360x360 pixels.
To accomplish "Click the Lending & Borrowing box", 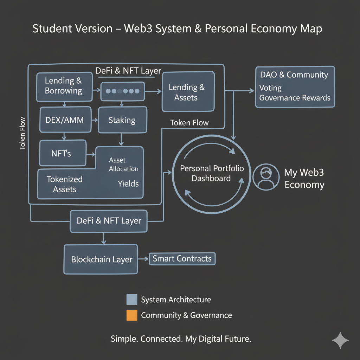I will tap(64, 86).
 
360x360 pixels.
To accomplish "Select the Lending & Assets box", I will tap(188, 92).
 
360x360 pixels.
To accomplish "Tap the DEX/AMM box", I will tap(65, 120).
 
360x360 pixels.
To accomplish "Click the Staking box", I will tap(122, 120).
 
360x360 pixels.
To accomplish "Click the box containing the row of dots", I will tap(122, 91).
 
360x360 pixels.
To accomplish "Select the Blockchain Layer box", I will tap(101, 260).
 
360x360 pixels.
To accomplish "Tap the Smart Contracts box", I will tap(182, 259).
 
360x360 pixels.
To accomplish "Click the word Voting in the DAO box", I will tap(270, 88).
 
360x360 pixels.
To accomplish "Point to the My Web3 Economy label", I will tap(304, 179).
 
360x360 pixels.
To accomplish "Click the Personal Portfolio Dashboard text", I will tap(212, 173).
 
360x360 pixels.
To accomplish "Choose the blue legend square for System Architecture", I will tap(131, 300).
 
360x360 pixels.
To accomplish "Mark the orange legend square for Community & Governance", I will tap(131, 315).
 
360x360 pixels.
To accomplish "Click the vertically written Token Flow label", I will tap(22, 134).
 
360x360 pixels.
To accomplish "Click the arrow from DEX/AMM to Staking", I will tap(95, 120).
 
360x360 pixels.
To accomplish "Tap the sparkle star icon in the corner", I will tap(340, 340).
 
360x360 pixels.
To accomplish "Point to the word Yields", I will tap(128, 184).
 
